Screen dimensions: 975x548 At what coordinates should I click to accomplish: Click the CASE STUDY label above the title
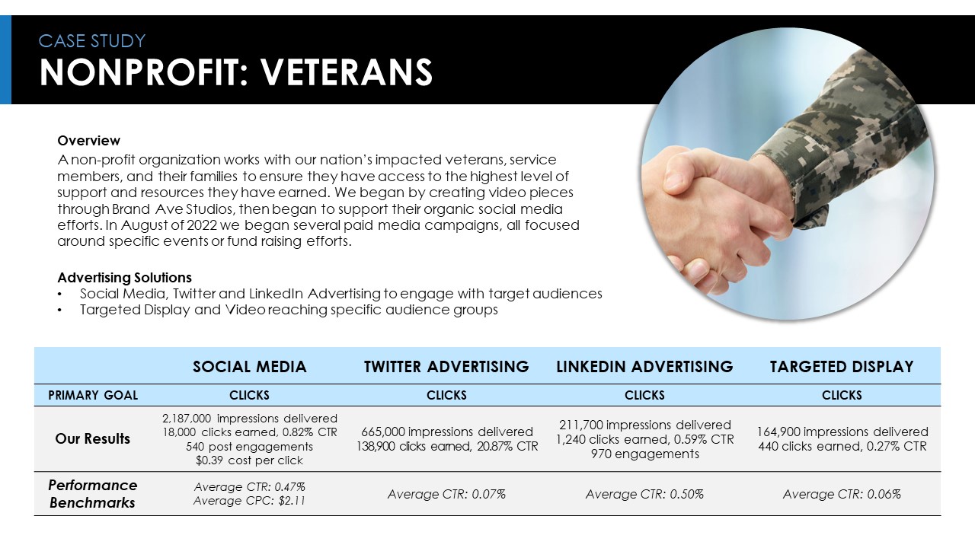click(x=92, y=41)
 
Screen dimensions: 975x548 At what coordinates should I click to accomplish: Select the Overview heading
click(x=89, y=141)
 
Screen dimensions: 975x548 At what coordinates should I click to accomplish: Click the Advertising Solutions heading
click(x=124, y=278)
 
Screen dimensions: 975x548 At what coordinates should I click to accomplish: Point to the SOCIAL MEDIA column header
click(x=250, y=367)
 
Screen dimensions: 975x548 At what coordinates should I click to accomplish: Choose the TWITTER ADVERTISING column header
click(x=446, y=367)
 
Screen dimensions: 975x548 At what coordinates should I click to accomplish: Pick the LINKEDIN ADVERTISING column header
click(x=644, y=367)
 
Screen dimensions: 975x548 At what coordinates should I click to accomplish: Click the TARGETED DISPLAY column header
click(x=842, y=367)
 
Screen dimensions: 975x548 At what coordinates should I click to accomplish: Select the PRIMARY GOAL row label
click(x=93, y=395)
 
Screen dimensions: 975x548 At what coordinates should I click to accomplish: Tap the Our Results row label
click(x=93, y=439)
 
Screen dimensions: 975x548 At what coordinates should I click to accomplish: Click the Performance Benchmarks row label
click(x=93, y=494)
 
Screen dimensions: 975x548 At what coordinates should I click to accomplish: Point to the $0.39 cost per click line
click(x=249, y=460)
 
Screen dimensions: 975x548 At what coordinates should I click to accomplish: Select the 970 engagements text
click(x=644, y=454)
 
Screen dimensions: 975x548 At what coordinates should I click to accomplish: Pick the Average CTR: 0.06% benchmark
click(x=842, y=494)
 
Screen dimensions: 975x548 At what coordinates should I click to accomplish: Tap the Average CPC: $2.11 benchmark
click(x=249, y=501)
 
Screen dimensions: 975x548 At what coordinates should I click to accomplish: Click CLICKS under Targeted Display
click(x=842, y=395)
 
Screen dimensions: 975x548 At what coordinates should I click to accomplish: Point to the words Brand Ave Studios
click(x=172, y=209)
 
